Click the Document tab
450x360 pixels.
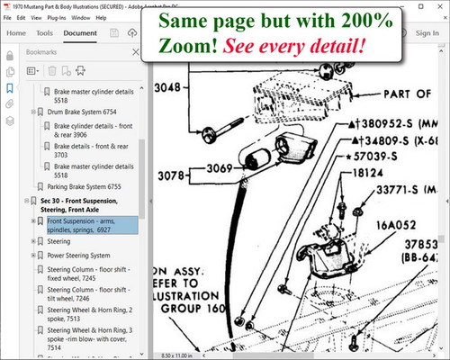pyautogui.click(x=81, y=33)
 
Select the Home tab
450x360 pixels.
pyautogui.click(x=16, y=33)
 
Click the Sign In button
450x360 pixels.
pyautogui.click(x=427, y=33)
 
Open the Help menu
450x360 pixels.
pyautogui.click(x=122, y=15)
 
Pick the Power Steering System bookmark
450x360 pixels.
pyautogui.click(x=84, y=255)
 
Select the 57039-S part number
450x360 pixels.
pyautogui.click(x=400, y=155)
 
